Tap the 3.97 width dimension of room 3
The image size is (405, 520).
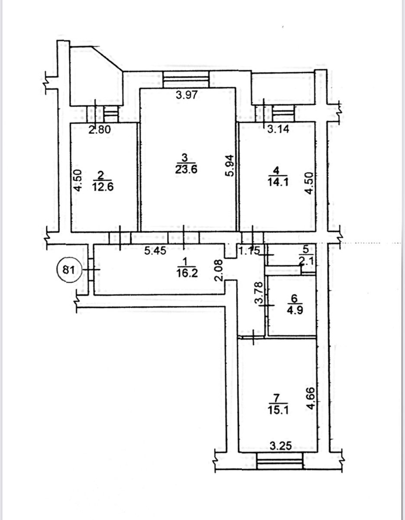click(x=187, y=95)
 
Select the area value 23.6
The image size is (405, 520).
click(x=186, y=169)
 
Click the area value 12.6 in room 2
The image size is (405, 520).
click(x=103, y=186)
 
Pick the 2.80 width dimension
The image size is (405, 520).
click(x=100, y=130)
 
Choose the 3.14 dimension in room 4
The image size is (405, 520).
click(x=278, y=129)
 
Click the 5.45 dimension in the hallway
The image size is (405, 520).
click(x=156, y=250)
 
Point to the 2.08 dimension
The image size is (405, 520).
click(x=220, y=271)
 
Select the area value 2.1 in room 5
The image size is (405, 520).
click(x=306, y=261)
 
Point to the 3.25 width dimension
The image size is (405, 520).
click(x=281, y=446)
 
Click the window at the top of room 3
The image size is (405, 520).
click(x=186, y=79)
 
